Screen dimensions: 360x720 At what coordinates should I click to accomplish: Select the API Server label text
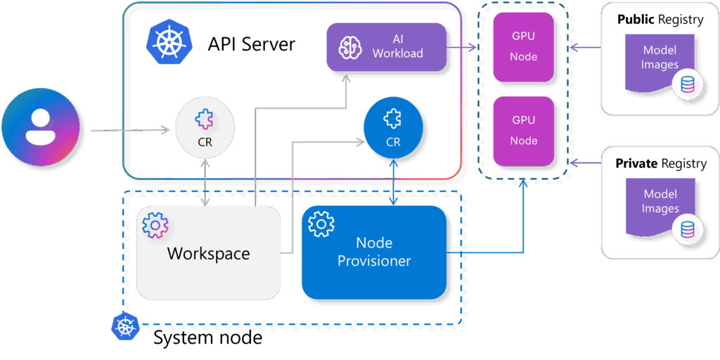(251, 44)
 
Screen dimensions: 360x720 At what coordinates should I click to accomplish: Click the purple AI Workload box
(387, 47)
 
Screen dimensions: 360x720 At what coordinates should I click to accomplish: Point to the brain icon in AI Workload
(349, 47)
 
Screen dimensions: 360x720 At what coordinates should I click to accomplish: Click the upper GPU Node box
(524, 46)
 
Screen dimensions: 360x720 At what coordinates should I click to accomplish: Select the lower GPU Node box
(524, 131)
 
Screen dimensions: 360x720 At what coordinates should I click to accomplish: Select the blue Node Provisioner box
(374, 252)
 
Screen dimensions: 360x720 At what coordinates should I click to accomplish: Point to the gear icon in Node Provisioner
(321, 224)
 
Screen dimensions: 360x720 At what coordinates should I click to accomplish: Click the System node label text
(207, 338)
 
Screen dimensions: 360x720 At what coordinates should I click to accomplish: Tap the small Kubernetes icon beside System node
(124, 326)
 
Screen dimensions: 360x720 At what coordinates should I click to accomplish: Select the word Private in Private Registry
(637, 164)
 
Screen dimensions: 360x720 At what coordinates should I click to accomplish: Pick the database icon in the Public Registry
(686, 86)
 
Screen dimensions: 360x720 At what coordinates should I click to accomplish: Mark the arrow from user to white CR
(130, 129)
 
